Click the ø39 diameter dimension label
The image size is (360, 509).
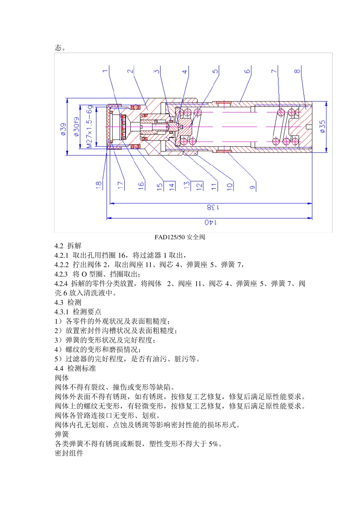63,130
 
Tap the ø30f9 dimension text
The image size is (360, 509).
77,127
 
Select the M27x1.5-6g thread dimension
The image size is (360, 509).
89,127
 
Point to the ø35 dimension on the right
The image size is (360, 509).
322,126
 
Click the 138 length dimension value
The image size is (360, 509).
213,208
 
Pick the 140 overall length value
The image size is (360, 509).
211,222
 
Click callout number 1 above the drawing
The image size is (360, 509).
105,71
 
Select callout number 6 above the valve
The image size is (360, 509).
247,71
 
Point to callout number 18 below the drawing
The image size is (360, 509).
99,185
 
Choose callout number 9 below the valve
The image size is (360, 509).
252,187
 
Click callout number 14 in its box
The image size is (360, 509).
172,186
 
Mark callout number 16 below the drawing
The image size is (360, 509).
141,185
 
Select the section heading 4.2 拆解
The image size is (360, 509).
68,246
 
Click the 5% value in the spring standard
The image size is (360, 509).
214,444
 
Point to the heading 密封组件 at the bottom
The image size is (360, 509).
69,453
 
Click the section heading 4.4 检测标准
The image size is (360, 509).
75,368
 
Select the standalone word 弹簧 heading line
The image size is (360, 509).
62,434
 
